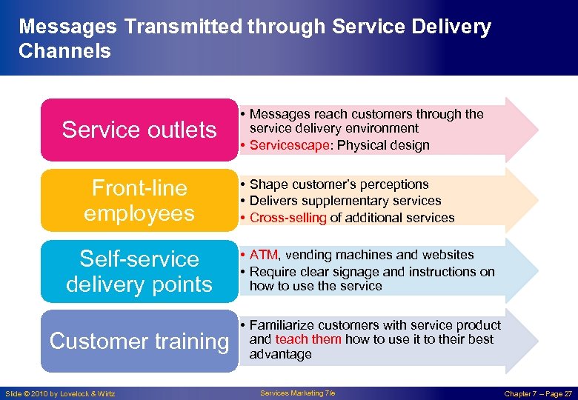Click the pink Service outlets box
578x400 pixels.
[139, 130]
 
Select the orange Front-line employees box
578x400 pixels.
[139, 200]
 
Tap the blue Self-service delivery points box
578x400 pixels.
[139, 271]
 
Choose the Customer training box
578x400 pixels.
[139, 341]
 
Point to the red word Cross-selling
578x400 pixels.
[288, 218]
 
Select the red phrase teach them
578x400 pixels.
[308, 339]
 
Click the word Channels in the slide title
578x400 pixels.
[64, 51]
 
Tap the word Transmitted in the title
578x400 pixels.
[183, 27]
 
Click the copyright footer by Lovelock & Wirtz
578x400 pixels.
[60, 393]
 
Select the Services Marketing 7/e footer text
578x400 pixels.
[297, 393]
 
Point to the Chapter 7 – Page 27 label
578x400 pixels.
[538, 393]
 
